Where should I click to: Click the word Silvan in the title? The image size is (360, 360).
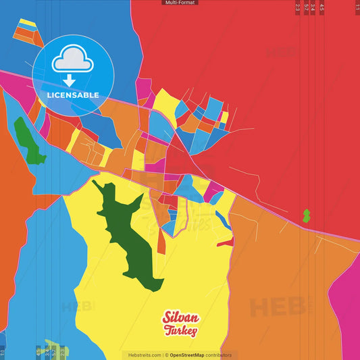click(179, 318)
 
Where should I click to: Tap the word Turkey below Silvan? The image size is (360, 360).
click(180, 331)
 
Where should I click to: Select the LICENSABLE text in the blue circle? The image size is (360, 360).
click(73, 95)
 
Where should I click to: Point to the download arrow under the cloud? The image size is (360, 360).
click(69, 80)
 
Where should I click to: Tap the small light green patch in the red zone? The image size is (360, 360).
click(306, 215)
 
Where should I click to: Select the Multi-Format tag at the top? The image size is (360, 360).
click(180, 3)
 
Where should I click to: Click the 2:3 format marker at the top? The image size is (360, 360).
click(298, 8)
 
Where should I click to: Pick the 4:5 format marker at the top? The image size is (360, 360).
click(322, 8)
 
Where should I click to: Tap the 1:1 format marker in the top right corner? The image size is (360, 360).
click(357, 8)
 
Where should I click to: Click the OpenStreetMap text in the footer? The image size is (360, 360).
click(192, 355)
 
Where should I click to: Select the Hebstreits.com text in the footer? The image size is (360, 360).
click(143, 355)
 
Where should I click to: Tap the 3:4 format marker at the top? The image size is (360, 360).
click(312, 8)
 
